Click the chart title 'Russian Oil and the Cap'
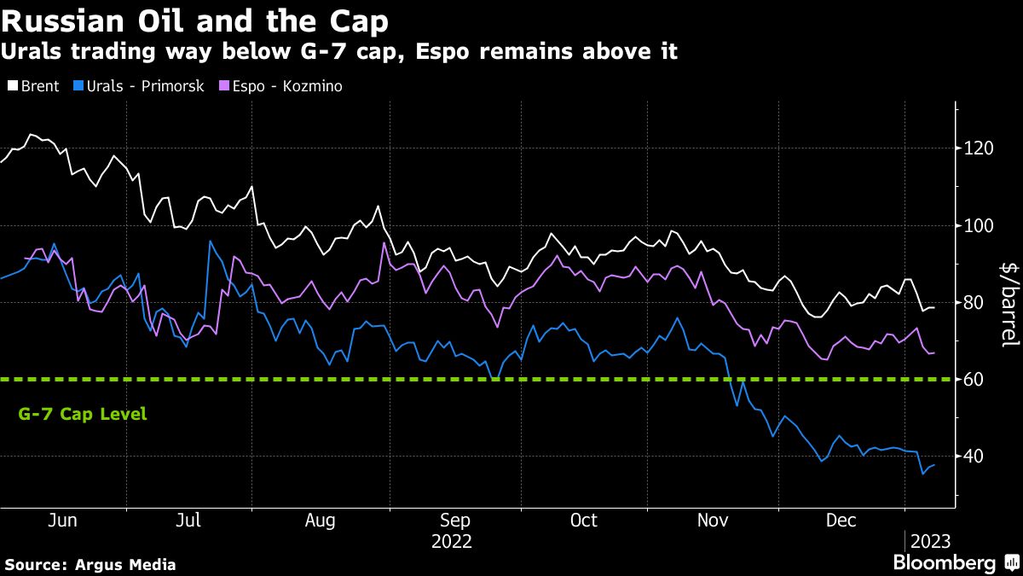[x=194, y=19]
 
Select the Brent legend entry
[x=33, y=86]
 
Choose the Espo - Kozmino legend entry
[x=281, y=86]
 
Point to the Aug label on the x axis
[x=319, y=520]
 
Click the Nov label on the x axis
[x=713, y=520]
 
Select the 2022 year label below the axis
[x=451, y=541]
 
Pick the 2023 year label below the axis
[x=930, y=541]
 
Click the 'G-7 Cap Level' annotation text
[x=82, y=415]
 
